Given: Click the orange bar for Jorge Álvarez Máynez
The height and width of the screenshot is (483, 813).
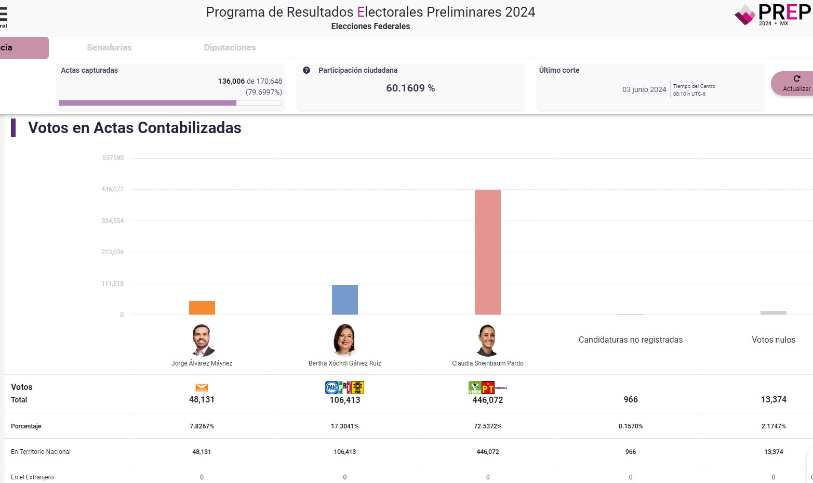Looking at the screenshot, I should (202, 308).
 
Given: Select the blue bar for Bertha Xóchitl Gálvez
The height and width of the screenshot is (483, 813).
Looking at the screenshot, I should (345, 300).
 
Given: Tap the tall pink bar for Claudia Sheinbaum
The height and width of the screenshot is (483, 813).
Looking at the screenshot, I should (488, 252).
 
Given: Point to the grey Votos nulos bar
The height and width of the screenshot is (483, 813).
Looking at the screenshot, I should (774, 312).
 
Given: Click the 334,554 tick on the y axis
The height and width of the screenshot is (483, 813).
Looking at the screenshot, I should (113, 221).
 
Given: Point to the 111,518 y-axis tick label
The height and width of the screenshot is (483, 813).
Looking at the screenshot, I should (113, 284).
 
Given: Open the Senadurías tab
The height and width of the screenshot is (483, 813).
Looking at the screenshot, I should (109, 48).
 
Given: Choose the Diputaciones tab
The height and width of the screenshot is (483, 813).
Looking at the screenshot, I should (230, 48).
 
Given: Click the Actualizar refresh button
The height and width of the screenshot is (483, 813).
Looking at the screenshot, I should (795, 84).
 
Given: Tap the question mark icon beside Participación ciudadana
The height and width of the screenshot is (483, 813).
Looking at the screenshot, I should (306, 70).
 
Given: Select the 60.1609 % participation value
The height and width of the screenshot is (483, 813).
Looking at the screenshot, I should (410, 88).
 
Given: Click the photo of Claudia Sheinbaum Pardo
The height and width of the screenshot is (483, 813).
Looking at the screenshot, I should (487, 340).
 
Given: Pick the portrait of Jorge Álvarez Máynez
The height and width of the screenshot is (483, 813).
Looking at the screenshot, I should (202, 340).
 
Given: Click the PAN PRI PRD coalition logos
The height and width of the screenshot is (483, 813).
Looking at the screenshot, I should (344, 387).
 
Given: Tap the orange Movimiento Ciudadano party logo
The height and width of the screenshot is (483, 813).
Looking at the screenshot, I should (202, 388).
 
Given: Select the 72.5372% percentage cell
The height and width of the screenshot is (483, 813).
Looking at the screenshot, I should (488, 426).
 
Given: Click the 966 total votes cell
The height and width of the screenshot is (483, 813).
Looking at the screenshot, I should (631, 399).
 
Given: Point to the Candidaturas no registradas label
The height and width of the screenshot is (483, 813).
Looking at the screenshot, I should (631, 340).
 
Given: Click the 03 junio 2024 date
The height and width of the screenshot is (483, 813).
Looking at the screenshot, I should (644, 89).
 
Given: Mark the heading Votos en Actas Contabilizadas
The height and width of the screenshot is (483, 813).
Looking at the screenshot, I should (135, 128).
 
